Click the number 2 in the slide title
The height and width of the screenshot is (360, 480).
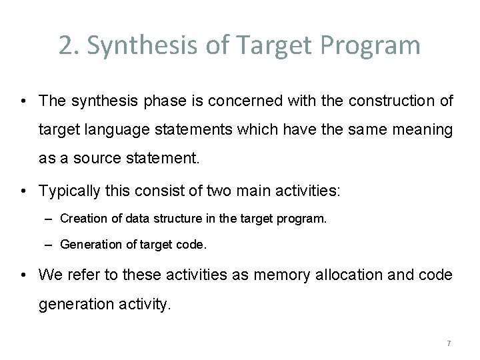pos(65,45)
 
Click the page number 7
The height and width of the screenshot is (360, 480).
pos(449,344)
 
